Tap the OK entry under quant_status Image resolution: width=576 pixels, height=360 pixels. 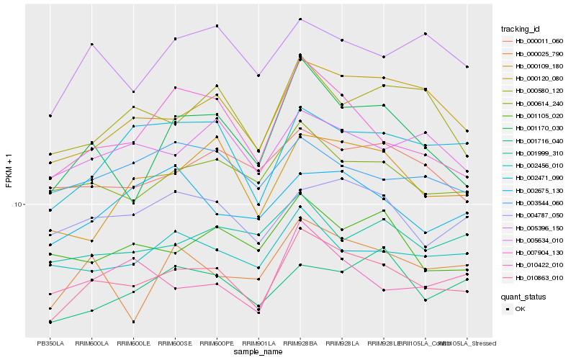[521, 308]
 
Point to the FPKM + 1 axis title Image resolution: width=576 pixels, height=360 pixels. [9, 171]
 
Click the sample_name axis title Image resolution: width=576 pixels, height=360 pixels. [258, 353]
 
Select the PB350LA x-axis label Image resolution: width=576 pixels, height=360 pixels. [50, 343]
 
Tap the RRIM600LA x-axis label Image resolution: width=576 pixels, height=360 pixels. [91, 343]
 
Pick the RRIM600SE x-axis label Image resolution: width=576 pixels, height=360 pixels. [175, 343]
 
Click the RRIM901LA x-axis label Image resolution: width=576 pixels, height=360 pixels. [258, 343]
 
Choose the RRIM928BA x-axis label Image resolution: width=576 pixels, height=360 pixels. [300, 343]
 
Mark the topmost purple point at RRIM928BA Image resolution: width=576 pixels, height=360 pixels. [300, 19]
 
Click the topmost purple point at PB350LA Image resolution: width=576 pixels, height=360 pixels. [50, 115]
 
